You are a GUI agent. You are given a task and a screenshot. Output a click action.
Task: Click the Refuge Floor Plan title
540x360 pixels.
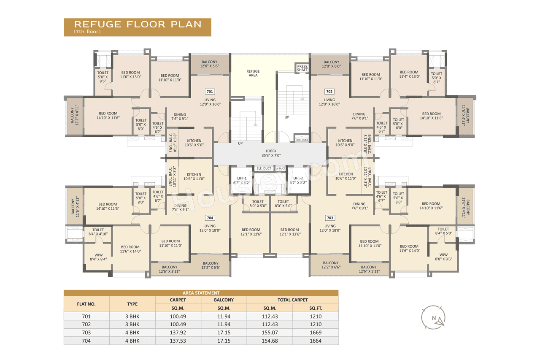(x=138, y=24)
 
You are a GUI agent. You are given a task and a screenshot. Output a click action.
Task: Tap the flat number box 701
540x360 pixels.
(x=210, y=92)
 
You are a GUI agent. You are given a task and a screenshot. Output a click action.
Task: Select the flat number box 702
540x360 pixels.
(x=329, y=92)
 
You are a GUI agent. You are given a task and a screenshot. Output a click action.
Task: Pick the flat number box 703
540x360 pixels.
(x=330, y=218)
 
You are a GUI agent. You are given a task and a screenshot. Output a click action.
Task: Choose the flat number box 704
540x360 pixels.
(x=210, y=218)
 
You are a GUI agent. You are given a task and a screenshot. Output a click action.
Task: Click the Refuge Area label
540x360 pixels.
(x=253, y=73)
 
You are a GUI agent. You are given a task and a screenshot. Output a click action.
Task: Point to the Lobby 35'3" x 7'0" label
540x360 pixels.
(x=270, y=153)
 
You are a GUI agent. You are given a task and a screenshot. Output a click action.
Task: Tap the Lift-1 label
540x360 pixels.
(x=242, y=181)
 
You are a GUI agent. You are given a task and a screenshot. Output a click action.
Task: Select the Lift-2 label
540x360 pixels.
(x=298, y=181)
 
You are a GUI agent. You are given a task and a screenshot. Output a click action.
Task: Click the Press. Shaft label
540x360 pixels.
(x=302, y=68)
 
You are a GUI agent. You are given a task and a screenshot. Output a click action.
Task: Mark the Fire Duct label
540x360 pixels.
(x=302, y=140)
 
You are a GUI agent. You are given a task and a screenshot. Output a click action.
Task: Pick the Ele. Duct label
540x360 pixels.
(x=264, y=168)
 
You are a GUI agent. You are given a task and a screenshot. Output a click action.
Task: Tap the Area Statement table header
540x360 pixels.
(x=201, y=293)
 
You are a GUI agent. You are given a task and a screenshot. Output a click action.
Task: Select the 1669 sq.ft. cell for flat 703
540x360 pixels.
(x=315, y=333)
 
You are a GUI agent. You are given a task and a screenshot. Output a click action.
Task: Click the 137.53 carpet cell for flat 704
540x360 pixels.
(x=178, y=341)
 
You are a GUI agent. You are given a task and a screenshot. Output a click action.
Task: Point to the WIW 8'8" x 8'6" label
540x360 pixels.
(x=443, y=257)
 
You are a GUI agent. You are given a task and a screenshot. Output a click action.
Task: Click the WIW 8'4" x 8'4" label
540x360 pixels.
(x=98, y=257)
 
